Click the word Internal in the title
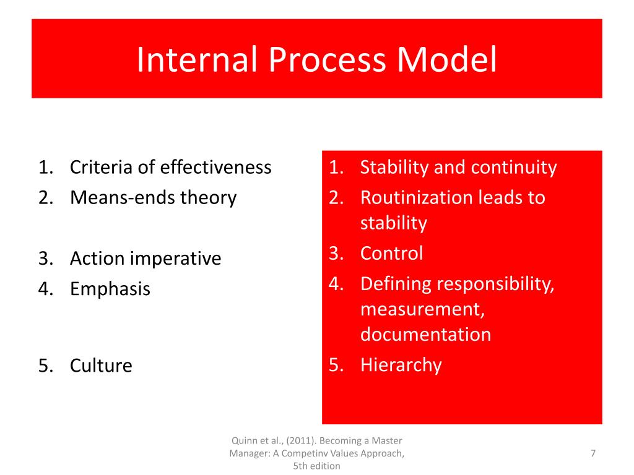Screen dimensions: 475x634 coord(198,60)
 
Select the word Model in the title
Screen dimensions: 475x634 coord(447,60)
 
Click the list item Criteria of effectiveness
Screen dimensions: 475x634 coord(170,167)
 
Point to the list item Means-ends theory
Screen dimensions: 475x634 coord(153,198)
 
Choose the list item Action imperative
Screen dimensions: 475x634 coord(145,258)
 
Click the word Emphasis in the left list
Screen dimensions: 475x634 coord(110,289)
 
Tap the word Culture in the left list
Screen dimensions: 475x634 coord(101,366)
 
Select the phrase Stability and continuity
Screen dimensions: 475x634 coord(458,167)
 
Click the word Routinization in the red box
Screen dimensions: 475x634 coord(418,198)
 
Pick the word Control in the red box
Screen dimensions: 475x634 coord(391,254)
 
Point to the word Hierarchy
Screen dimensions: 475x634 coord(401,365)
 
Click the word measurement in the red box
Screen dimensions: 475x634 coord(422,309)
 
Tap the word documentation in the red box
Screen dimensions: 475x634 coord(425,335)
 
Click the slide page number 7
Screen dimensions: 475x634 coord(593,454)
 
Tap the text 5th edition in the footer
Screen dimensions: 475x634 coord(316,466)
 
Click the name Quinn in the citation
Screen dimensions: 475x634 coord(243,441)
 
